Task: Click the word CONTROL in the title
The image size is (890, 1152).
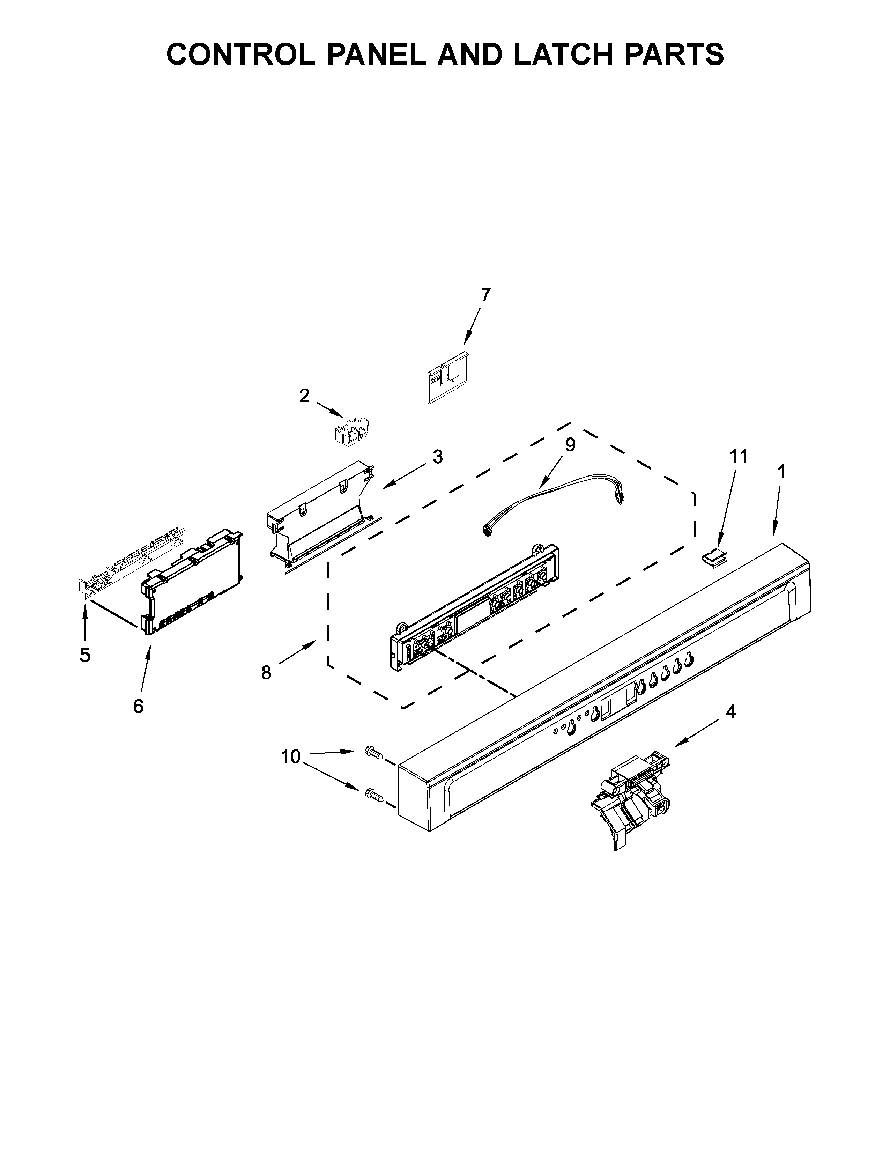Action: pyautogui.click(x=240, y=54)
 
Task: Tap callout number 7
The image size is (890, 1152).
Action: pyautogui.click(x=485, y=294)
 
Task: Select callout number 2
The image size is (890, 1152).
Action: pyautogui.click(x=304, y=395)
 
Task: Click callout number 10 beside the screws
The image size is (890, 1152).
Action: pyautogui.click(x=290, y=757)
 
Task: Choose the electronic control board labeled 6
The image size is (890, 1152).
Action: pyautogui.click(x=192, y=580)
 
